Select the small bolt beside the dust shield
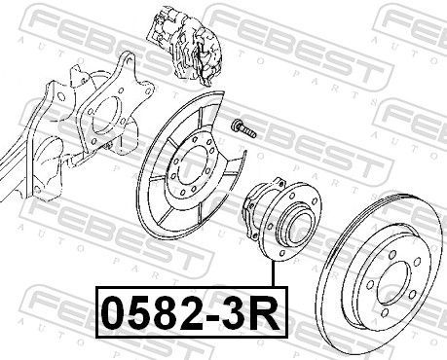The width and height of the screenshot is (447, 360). (x=241, y=126)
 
